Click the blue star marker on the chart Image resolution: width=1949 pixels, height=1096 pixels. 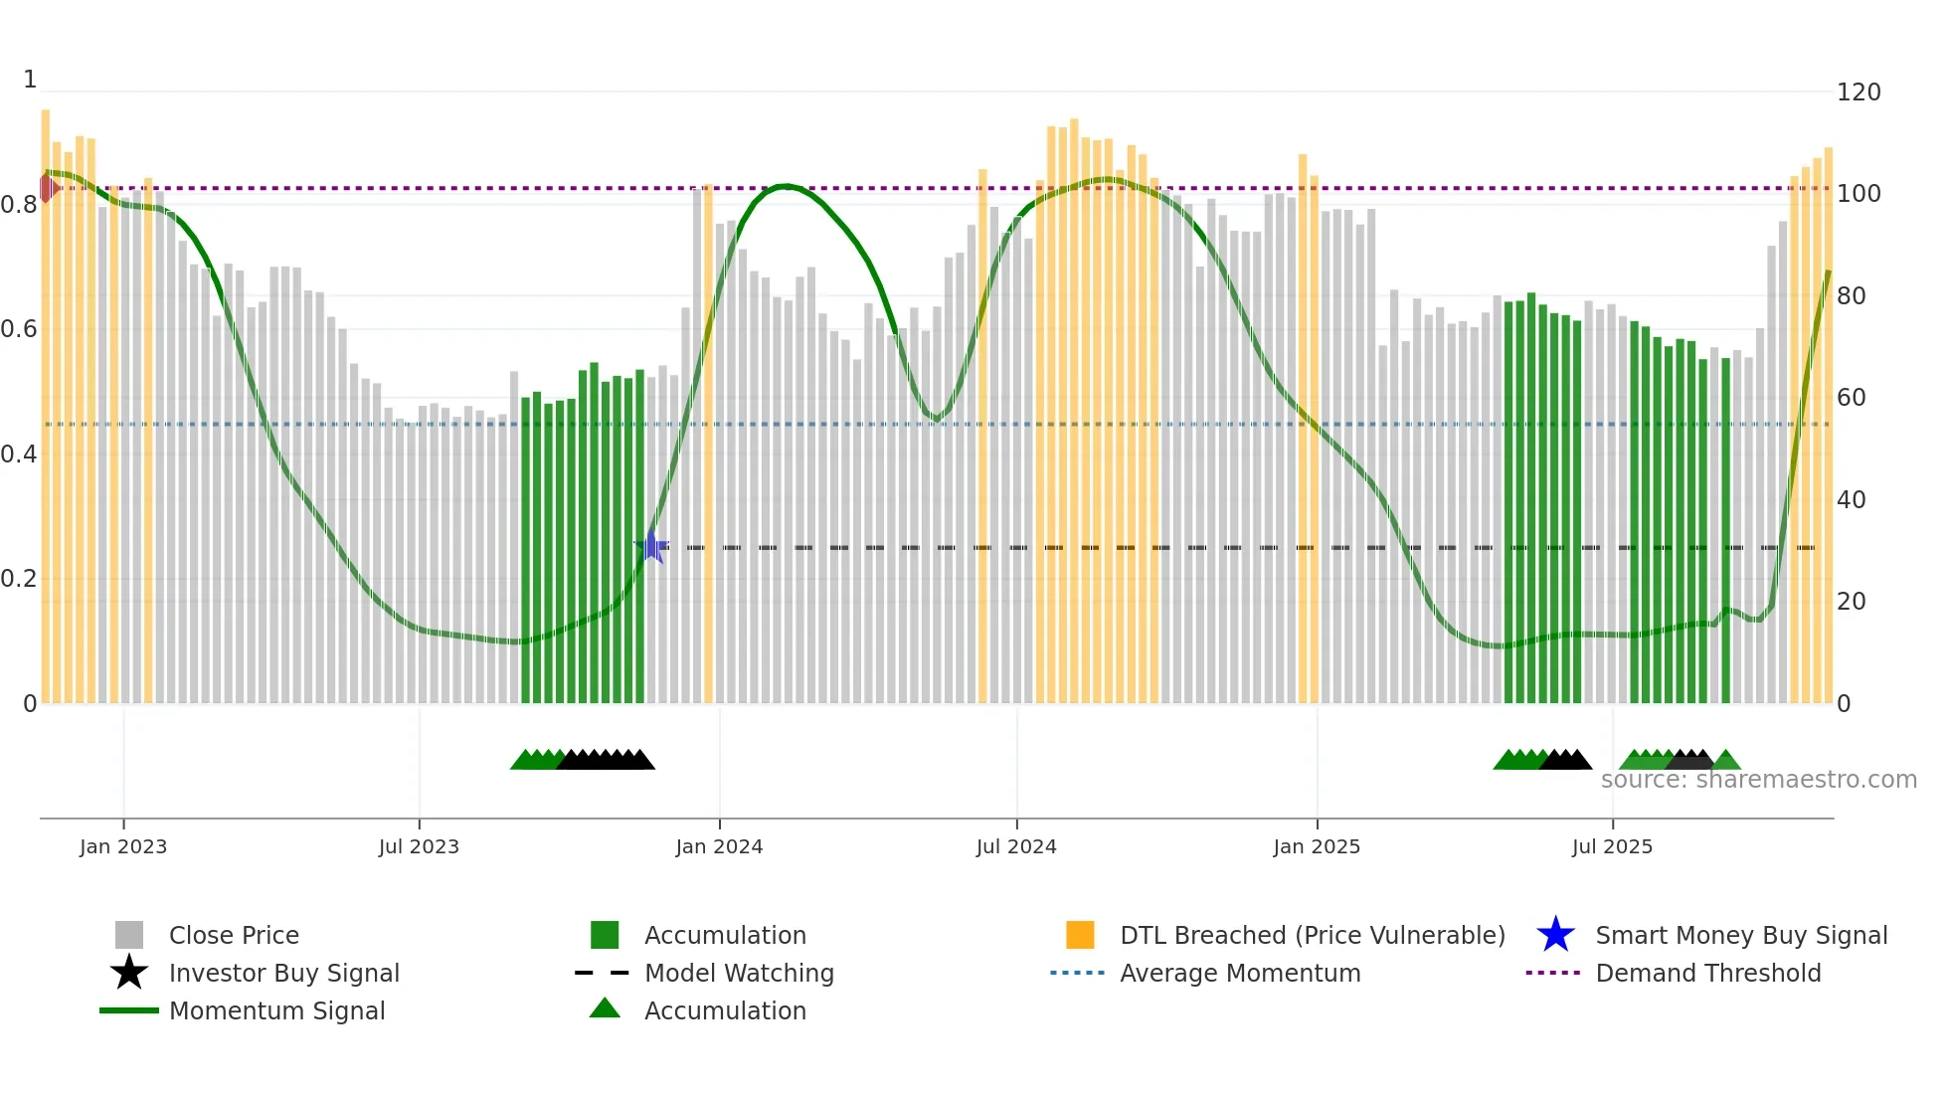[651, 546]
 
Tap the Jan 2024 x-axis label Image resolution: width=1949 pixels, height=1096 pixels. [719, 846]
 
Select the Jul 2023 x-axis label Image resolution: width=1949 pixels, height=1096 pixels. [419, 846]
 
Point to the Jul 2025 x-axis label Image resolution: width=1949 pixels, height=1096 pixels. [1612, 846]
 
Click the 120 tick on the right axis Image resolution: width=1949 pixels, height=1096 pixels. [1858, 92]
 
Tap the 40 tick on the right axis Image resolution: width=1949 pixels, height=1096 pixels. [1851, 500]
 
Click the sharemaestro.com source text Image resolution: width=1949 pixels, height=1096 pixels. [1758, 780]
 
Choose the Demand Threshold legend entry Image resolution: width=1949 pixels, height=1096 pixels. [1707, 974]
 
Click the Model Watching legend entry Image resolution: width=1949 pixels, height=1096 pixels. [738, 974]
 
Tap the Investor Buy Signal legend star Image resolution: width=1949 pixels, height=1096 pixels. [129, 973]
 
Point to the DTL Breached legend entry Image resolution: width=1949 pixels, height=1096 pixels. [1312, 936]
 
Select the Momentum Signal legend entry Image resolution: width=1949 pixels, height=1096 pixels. [276, 1011]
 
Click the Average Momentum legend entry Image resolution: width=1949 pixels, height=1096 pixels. [1239, 974]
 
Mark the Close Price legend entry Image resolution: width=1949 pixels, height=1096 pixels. [233, 936]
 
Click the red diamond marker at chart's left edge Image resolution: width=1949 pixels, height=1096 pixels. [48, 188]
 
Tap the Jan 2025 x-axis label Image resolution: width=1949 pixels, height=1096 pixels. [1316, 846]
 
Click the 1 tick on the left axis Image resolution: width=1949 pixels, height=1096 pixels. [30, 80]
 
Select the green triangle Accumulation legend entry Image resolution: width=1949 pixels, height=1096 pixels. [724, 1011]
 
